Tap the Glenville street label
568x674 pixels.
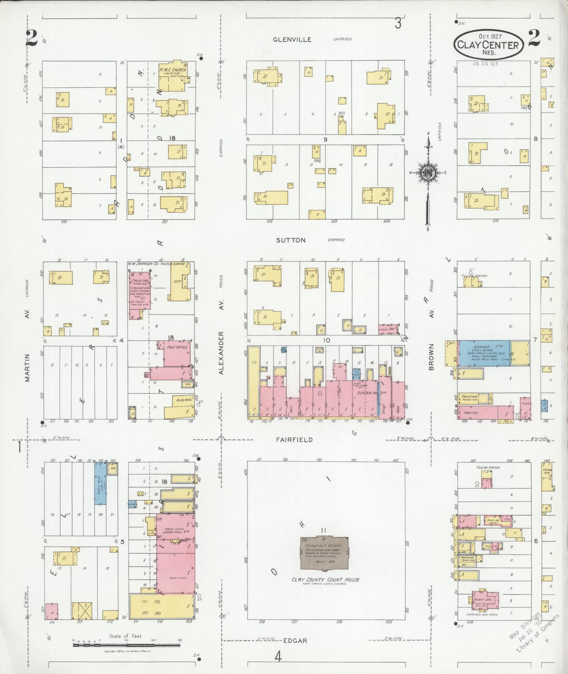pyautogui.click(x=292, y=39)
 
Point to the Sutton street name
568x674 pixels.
pyautogui.click(x=291, y=240)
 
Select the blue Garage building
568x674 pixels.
pyautogui.click(x=484, y=353)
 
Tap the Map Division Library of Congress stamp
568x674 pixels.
pyautogui.click(x=533, y=632)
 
